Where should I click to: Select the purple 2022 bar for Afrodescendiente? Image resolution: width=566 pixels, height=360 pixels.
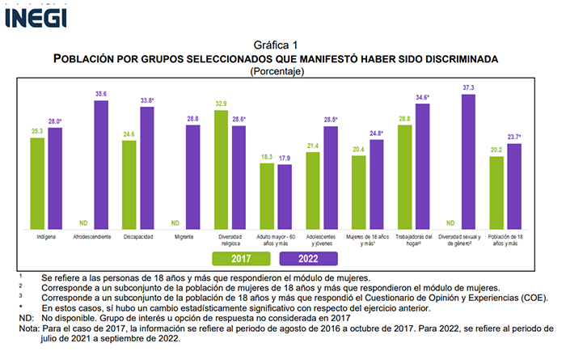coord(100,166)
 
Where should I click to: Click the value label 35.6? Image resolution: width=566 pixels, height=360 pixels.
coord(100,94)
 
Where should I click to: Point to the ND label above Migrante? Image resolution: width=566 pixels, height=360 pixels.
coord(175,223)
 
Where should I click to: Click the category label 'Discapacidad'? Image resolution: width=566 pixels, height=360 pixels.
coord(137,238)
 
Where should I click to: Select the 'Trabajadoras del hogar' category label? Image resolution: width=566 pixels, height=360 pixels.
coord(413,240)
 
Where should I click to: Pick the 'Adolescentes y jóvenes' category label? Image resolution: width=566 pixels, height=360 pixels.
coord(322,240)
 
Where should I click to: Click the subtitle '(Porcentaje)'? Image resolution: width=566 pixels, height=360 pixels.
coord(276,71)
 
